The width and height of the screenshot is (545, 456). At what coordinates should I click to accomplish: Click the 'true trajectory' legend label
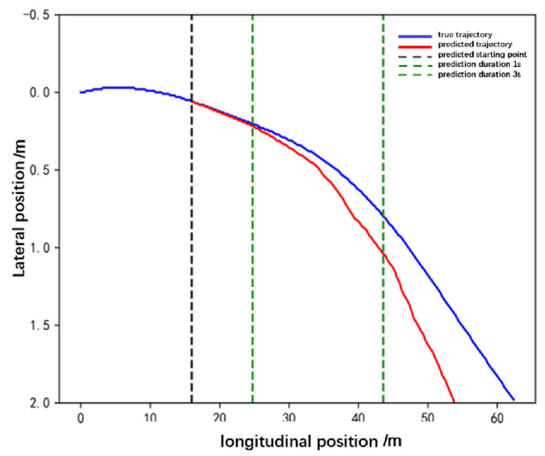click(x=465, y=35)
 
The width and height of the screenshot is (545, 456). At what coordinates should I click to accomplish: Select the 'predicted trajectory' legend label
click(x=475, y=44)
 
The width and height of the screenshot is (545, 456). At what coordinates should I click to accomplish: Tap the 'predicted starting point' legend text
click(x=482, y=55)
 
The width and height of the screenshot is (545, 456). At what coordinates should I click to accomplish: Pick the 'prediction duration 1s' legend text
click(x=479, y=65)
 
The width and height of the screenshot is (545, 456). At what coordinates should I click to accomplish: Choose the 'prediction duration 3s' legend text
click(x=479, y=75)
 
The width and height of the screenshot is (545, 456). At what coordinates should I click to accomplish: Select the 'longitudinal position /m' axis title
click(x=311, y=442)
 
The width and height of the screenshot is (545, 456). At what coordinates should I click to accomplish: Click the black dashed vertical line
click(x=192, y=247)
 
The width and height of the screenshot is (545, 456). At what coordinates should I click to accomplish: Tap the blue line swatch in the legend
click(x=415, y=36)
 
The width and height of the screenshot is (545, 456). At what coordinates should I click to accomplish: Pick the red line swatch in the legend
click(x=415, y=46)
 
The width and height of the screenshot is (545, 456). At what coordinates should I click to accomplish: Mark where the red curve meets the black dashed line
click(x=192, y=101)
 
